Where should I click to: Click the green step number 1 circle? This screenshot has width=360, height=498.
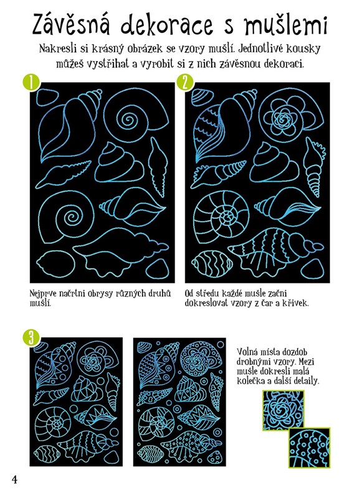31,83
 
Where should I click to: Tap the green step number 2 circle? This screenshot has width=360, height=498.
186,83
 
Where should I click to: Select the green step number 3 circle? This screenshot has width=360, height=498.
31,338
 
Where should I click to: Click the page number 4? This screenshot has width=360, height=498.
14,479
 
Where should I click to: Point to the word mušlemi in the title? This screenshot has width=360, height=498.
285,25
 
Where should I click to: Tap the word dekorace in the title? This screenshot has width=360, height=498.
167,25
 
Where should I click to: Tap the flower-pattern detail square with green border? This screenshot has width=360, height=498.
283,410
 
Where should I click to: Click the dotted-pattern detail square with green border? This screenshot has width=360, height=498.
310,448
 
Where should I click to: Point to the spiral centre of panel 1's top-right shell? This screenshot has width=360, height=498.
128,120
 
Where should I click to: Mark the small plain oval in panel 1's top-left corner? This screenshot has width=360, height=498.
47,98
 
